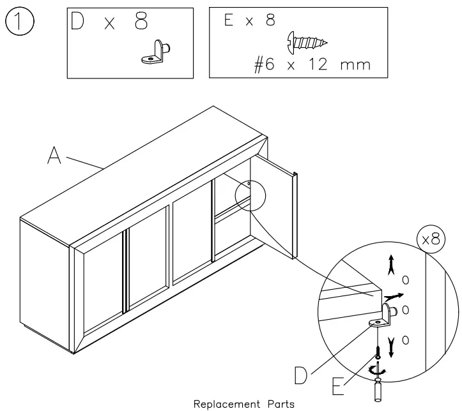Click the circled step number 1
point(19,24)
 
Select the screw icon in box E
point(307,42)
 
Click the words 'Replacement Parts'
point(243,404)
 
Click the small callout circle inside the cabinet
point(249,194)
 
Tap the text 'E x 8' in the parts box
point(250,20)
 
